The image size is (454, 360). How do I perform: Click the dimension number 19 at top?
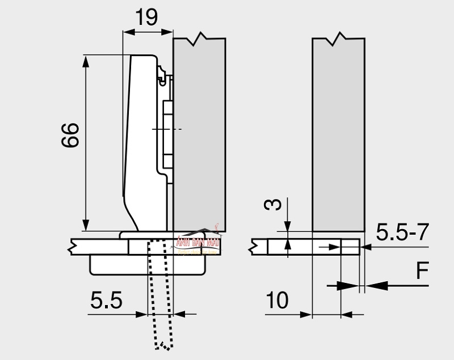[x=147, y=18]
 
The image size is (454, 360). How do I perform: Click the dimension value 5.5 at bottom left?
[x=106, y=300]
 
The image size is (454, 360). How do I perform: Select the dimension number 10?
[x=277, y=300]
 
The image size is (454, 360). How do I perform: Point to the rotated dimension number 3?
[x=274, y=205]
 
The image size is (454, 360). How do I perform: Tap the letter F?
[x=421, y=271]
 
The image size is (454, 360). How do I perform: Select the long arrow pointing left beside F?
[x=397, y=286]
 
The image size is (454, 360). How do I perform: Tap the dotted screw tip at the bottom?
[x=163, y=344]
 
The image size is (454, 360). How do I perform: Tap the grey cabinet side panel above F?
[x=338, y=136]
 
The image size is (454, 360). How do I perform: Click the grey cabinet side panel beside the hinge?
[x=199, y=136]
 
